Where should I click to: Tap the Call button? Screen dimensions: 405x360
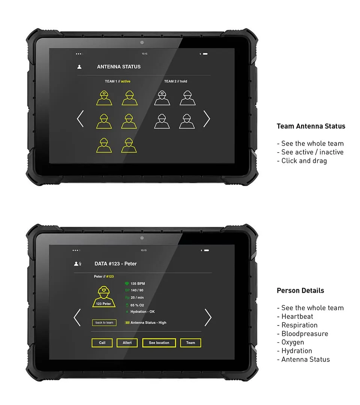click(102, 343)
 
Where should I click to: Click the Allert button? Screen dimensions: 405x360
click(127, 343)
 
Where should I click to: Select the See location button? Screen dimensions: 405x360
click(159, 343)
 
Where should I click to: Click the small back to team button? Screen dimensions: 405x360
click(104, 322)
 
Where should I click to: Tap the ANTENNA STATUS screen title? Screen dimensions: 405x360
click(119, 67)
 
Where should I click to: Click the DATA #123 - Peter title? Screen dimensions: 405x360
click(115, 264)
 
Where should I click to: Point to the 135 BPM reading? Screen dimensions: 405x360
click(138, 284)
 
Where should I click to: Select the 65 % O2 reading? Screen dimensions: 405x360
click(137, 305)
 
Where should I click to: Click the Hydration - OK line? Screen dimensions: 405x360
click(142, 312)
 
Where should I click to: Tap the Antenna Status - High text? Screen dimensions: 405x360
click(148, 322)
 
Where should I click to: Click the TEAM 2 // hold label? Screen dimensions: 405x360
click(175, 81)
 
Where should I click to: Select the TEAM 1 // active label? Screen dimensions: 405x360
click(117, 81)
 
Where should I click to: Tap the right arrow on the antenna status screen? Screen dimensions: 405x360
click(207, 119)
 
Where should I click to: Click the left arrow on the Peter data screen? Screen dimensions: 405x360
click(77, 317)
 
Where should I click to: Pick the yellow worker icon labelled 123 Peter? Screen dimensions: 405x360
click(104, 297)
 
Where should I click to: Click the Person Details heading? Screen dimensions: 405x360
click(300, 291)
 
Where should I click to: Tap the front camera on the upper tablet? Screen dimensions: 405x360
click(142, 42)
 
